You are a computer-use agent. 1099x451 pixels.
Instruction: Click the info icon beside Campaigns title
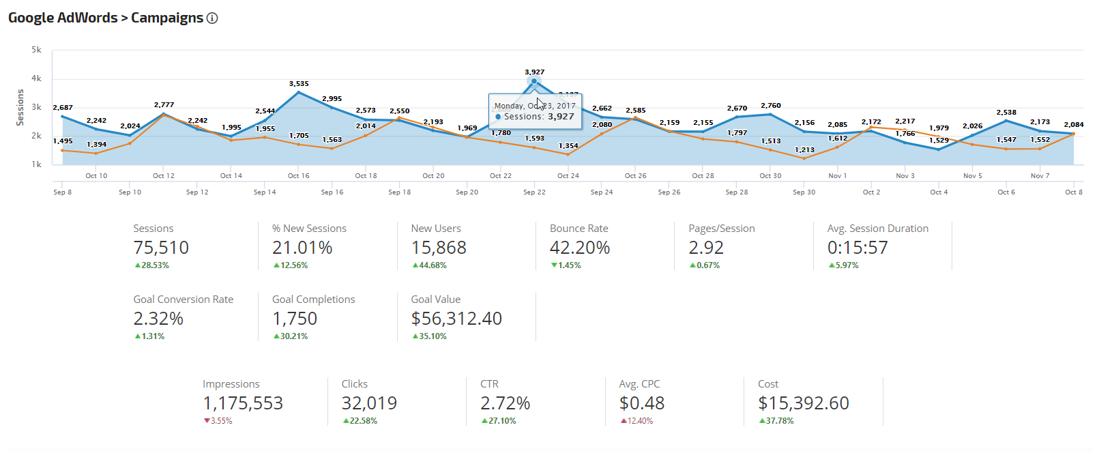point(212,18)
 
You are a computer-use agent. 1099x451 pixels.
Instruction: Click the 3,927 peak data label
point(534,72)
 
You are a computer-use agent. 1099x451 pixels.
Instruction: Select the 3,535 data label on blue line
point(299,84)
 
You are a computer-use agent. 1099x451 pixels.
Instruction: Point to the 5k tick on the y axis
point(36,50)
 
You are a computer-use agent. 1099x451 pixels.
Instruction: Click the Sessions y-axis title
point(20,107)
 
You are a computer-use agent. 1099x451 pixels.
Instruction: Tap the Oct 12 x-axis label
point(164,176)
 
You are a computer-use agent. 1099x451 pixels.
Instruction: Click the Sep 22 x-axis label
point(534,192)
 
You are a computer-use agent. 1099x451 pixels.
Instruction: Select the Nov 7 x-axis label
point(1040,176)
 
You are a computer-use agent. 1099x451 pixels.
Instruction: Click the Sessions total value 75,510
point(161,248)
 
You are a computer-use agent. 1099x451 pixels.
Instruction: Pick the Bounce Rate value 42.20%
point(579,248)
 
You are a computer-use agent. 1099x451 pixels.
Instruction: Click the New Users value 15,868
point(439,248)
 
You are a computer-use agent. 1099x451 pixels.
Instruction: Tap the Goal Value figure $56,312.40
point(456,319)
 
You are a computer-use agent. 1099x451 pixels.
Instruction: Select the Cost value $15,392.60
point(804,403)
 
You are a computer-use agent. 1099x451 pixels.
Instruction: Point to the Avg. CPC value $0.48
point(641,403)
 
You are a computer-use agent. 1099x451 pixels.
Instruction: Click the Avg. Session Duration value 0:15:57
point(858,248)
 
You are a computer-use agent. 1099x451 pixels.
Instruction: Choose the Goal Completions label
point(313,300)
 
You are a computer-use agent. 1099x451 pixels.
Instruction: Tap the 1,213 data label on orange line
point(804,150)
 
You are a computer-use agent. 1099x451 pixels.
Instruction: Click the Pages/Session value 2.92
point(706,248)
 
